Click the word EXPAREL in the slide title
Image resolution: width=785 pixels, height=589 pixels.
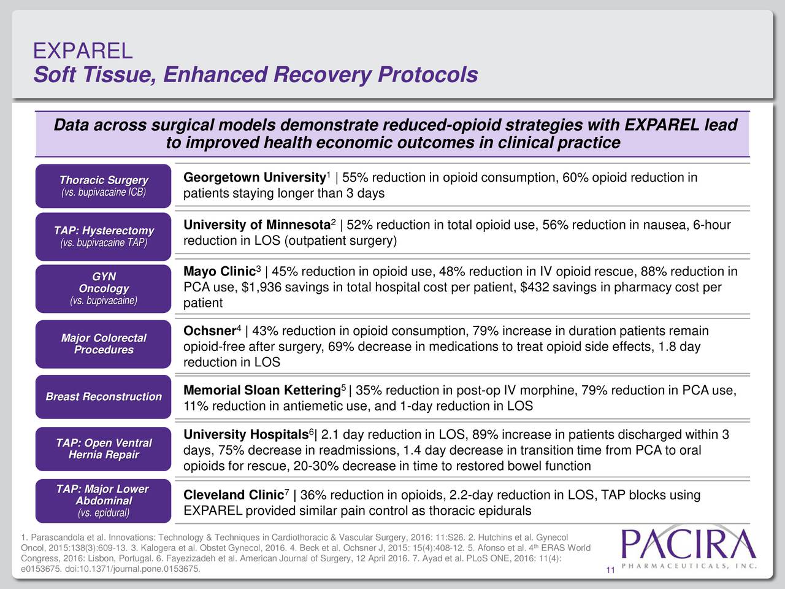click(x=82, y=51)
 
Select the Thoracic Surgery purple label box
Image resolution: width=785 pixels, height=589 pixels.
click(x=103, y=185)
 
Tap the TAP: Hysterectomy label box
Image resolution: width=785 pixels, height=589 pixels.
click(x=103, y=236)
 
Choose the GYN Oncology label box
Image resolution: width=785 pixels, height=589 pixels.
click(x=103, y=288)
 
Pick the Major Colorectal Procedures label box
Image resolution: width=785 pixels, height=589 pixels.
click(x=103, y=344)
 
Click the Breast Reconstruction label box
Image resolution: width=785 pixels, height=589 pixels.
click(x=103, y=396)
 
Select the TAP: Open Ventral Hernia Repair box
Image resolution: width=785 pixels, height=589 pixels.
click(x=103, y=448)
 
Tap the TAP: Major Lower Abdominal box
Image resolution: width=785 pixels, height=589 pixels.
click(x=103, y=501)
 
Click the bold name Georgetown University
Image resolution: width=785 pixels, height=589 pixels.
click(x=253, y=179)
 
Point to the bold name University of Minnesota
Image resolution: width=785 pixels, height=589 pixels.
click(x=256, y=226)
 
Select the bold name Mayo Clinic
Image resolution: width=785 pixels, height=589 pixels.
click(x=219, y=272)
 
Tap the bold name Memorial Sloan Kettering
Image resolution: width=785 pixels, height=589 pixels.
click(x=262, y=391)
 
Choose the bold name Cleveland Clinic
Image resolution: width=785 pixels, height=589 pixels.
click(x=232, y=496)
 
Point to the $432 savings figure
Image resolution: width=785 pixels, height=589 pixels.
click(x=534, y=288)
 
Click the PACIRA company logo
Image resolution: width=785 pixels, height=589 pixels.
click(x=689, y=549)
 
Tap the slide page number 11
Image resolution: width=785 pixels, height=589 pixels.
click(x=610, y=572)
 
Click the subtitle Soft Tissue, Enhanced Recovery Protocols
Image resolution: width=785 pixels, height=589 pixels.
click(x=255, y=75)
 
